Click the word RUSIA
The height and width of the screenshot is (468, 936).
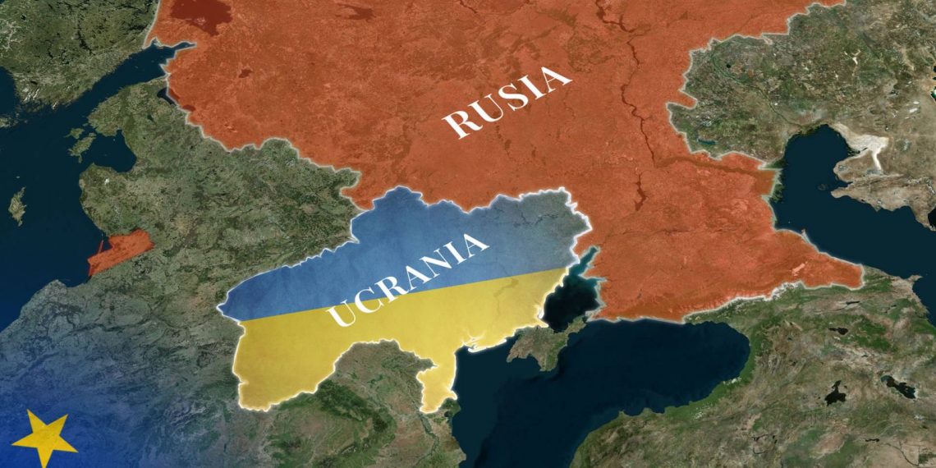[x=506, y=101]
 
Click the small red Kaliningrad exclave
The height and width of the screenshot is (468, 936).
[x=120, y=251]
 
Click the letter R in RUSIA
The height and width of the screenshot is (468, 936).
[x=457, y=123]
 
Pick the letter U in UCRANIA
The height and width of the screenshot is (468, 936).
[x=338, y=315]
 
